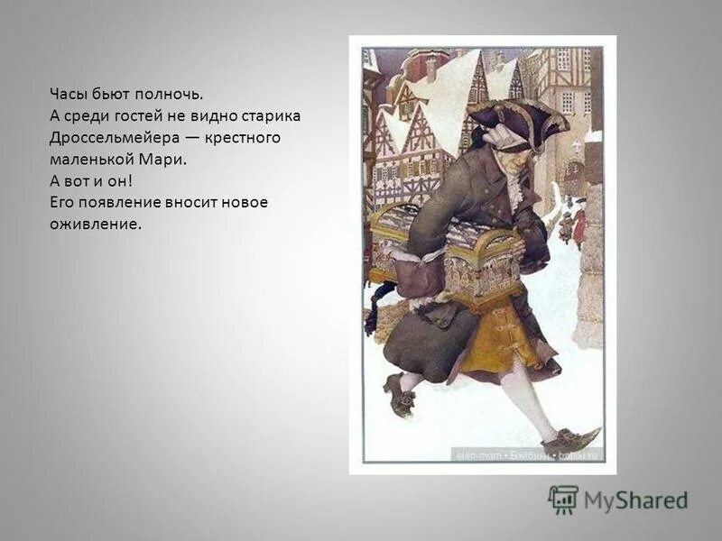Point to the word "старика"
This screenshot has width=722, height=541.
[268, 116]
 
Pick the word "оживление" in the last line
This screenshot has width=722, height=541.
[96, 224]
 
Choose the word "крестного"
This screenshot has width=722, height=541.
[244, 138]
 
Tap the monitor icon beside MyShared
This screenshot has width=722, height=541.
[563, 500]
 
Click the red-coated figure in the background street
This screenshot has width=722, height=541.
[579, 225]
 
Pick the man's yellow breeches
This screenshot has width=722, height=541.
[502, 338]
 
